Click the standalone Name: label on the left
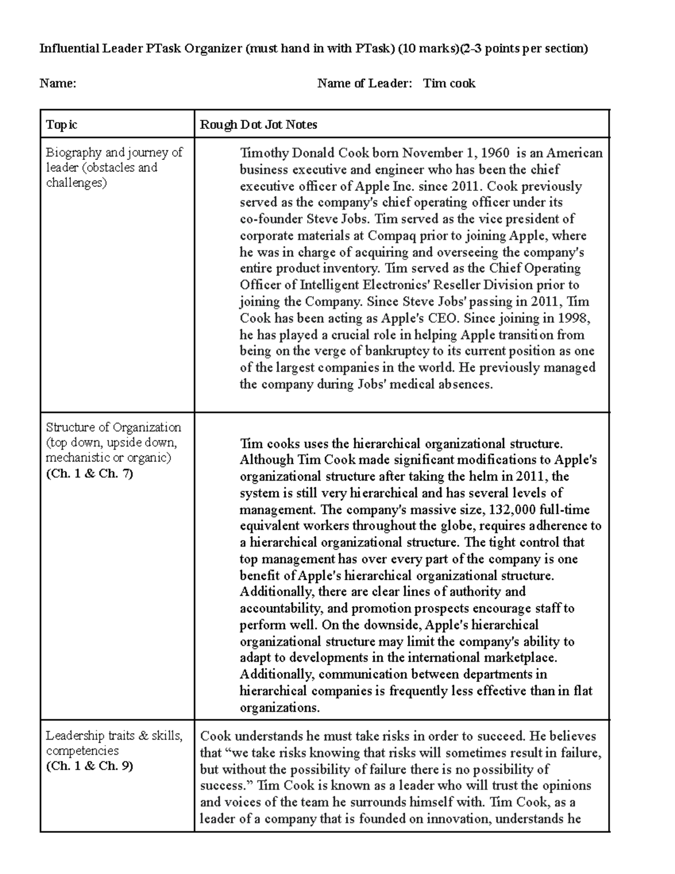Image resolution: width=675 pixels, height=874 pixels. click(57, 84)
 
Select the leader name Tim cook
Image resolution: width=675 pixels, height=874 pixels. click(449, 84)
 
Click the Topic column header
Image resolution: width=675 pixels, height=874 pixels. click(61, 124)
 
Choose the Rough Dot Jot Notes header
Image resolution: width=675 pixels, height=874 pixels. click(259, 124)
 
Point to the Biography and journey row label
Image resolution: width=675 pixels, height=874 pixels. click(114, 167)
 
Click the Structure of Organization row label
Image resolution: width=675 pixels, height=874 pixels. click(113, 427)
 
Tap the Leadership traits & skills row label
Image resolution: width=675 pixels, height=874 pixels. click(114, 736)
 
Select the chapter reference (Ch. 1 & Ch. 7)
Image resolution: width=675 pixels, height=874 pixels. click(89, 473)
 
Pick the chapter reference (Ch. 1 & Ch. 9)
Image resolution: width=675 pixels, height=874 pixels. click(89, 766)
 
